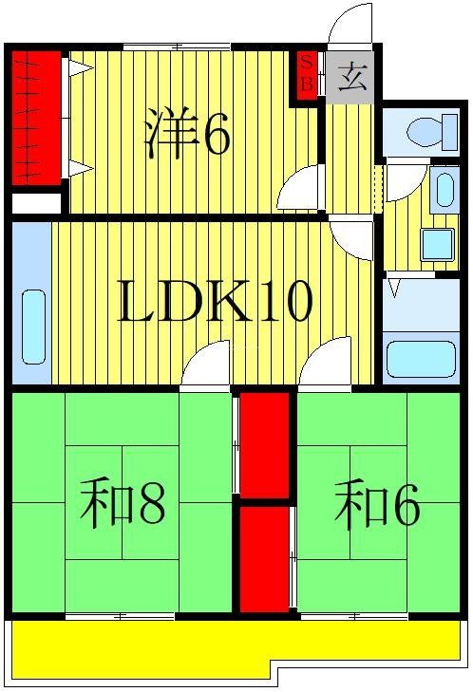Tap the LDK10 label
pos(214,302)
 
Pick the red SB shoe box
pos(306,74)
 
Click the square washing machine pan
pos(437,245)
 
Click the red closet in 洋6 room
pos(34,119)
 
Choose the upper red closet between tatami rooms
pos(264,443)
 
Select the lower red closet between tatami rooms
pos(263,559)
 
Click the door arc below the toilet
pos(403,181)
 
